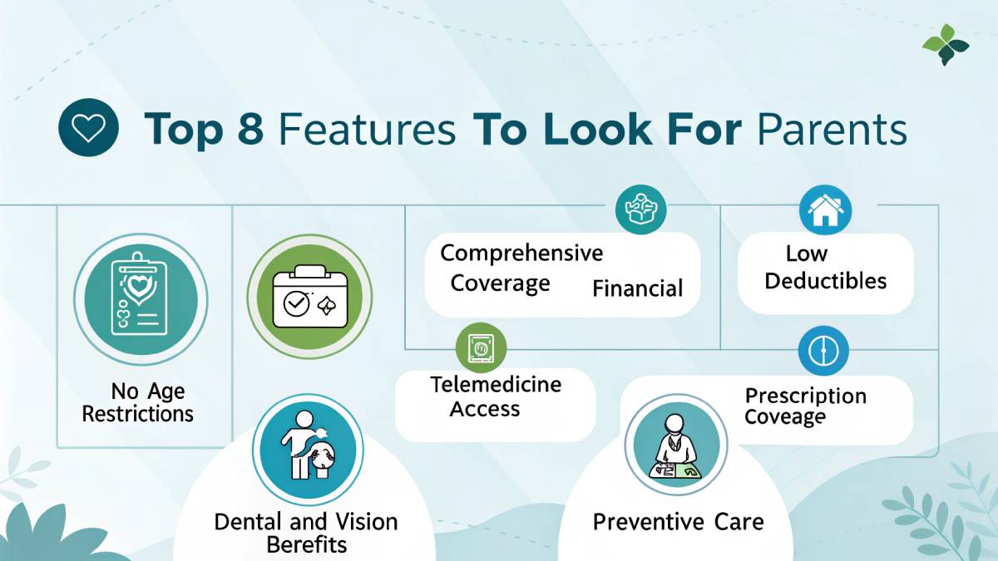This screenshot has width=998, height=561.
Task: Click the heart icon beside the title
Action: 88,129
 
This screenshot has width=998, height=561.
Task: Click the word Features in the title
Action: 367,130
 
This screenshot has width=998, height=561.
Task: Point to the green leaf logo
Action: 946,45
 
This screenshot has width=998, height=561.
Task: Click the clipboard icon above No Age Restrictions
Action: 135,298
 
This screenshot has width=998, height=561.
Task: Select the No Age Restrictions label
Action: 137,402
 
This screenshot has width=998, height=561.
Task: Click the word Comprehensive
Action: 521,253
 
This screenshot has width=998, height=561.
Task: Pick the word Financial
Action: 637,289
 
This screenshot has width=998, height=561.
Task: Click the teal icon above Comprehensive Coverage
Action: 641,209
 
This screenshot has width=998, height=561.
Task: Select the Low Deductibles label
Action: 825,267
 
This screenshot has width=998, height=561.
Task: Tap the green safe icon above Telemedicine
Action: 481,348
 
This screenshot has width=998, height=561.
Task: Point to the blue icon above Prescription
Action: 823,351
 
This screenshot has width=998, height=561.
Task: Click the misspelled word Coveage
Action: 785,416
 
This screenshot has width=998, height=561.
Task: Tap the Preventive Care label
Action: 678,522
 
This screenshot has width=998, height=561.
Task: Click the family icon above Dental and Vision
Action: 307,452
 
